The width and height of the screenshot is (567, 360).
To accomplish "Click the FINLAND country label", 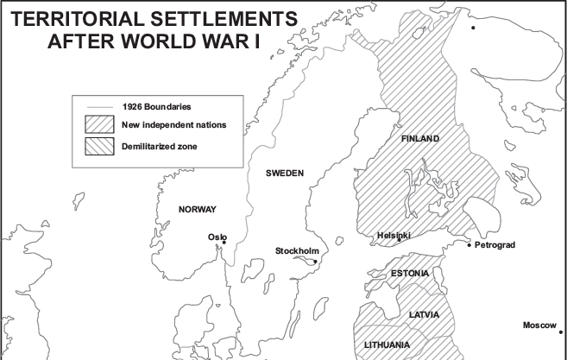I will point(420,139).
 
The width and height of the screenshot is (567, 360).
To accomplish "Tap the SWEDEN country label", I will point(285,174).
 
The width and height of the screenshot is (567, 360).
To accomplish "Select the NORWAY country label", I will point(197,210).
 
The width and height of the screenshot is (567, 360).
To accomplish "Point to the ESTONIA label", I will point(410,275).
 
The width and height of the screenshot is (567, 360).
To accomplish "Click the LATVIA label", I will point(424,314).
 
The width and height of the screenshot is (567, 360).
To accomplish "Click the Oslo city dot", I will point(224,243).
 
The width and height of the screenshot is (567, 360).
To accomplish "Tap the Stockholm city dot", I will point(315,261).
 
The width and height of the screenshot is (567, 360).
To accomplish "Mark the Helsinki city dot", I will point(399,240).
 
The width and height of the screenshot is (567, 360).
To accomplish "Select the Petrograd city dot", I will point(469,245).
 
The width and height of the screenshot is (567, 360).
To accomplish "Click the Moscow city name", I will point(541,325).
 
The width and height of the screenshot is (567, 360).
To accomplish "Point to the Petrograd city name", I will point(495,245).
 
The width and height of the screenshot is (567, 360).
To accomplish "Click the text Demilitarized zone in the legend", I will point(160,147).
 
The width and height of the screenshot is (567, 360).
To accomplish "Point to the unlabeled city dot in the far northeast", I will point(472,28).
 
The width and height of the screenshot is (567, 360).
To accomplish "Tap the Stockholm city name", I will point(297,251).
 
